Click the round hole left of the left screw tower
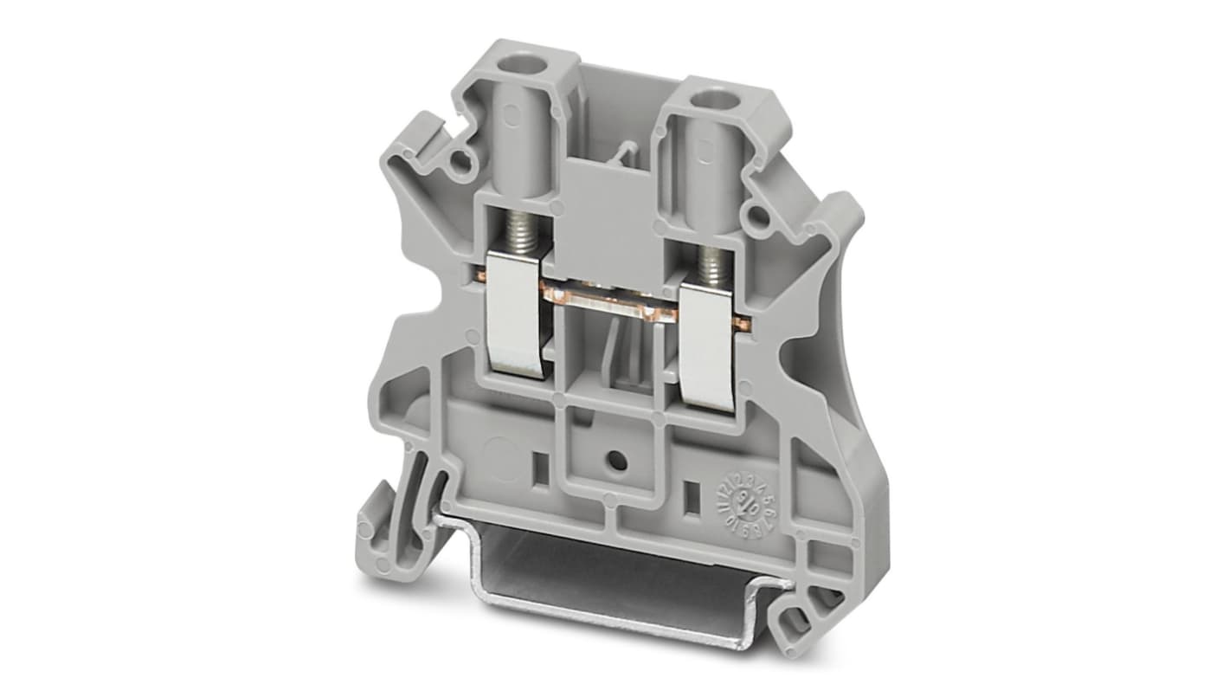pos(466,158)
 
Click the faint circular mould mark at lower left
pos(499,451)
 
